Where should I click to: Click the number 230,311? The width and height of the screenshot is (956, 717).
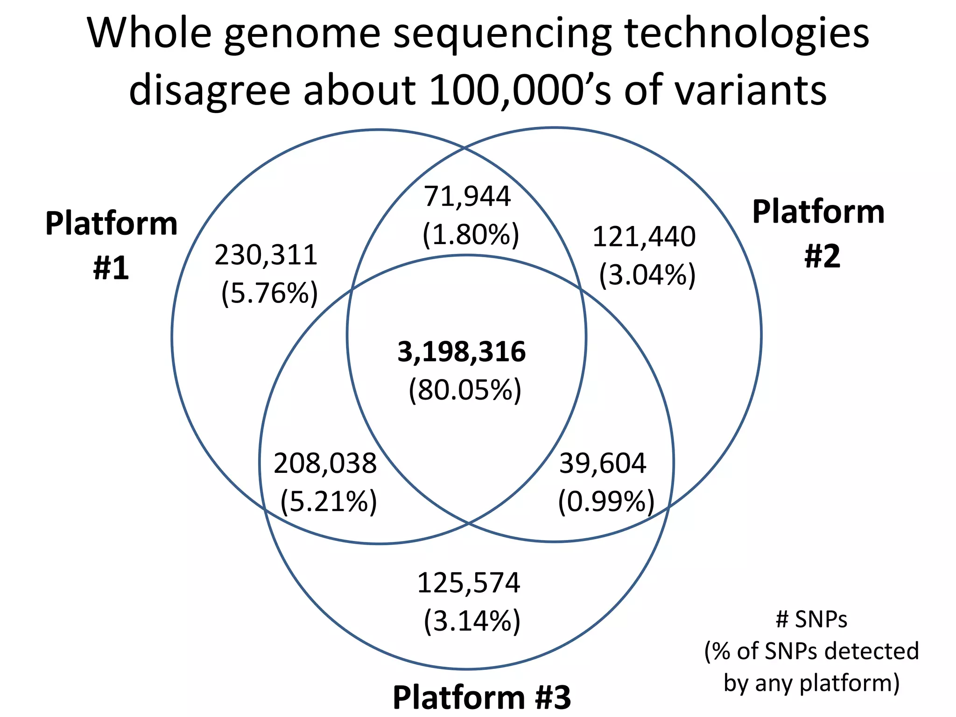point(266,255)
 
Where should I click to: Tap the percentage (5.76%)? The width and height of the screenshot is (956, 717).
point(269,294)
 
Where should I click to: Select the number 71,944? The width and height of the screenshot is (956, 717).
point(467,196)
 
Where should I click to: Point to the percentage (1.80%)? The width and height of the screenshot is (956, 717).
point(471,234)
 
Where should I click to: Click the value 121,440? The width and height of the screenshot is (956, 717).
point(644,237)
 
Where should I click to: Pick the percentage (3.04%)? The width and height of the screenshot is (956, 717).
point(647,275)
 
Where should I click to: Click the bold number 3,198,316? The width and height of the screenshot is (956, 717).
point(461,352)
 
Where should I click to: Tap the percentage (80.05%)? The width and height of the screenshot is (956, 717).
point(465,390)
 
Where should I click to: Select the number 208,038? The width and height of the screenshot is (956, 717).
point(325,464)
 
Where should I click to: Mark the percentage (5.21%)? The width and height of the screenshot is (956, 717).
point(329,502)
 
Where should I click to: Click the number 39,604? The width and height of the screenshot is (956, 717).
point(603,464)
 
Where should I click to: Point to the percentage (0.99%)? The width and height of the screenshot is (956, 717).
point(606,502)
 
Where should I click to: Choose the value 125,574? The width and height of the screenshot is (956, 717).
point(468,583)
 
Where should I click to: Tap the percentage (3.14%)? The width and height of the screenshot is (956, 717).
point(472,621)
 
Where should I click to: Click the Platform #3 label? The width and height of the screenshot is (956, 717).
point(482,697)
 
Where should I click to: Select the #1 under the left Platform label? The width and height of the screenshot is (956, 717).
point(111,268)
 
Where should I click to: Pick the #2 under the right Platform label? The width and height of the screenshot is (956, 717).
point(822,256)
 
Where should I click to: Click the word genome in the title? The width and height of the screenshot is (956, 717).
point(302,35)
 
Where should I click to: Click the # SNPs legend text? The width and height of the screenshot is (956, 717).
point(811,619)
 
